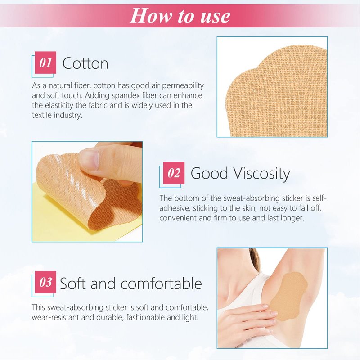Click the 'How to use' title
click(x=180, y=16)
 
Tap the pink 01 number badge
click(x=45, y=63)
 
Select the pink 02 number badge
click(x=174, y=173)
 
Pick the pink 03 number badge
click(x=45, y=282)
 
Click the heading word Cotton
click(x=85, y=63)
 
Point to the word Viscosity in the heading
click(x=262, y=174)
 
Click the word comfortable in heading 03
click(x=161, y=283)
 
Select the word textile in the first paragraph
click(x=42, y=115)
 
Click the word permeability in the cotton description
click(x=183, y=86)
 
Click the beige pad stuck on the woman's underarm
click(x=288, y=296)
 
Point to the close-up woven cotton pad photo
click(x=272, y=87)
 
